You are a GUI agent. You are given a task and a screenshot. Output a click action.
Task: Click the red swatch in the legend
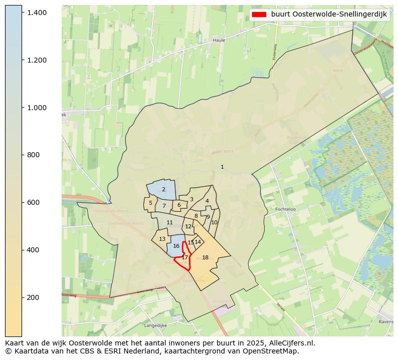tap(259, 14)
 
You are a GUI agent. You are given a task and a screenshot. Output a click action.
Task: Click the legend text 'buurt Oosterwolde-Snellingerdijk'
tap(329, 14)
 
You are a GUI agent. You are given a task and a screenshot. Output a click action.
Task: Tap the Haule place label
tap(219, 40)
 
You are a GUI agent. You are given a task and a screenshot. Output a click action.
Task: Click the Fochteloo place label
tap(287, 209)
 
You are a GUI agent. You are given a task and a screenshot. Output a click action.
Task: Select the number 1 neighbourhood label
tap(222, 167)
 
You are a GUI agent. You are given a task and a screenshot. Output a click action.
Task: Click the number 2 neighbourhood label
tap(163, 189)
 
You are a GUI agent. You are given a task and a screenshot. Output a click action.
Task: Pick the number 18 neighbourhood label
tap(205, 257)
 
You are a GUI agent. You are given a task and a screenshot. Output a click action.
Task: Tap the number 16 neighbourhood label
tap(176, 246)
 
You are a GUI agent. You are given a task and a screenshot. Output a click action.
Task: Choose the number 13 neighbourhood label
tap(162, 239)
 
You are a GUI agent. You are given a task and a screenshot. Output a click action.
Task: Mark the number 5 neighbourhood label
tap(150, 203)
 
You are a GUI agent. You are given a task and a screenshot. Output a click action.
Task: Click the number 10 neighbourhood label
tap(214, 222)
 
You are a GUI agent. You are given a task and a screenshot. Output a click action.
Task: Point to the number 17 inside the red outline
tap(184, 257)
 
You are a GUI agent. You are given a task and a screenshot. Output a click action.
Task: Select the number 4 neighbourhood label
tap(207, 201)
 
